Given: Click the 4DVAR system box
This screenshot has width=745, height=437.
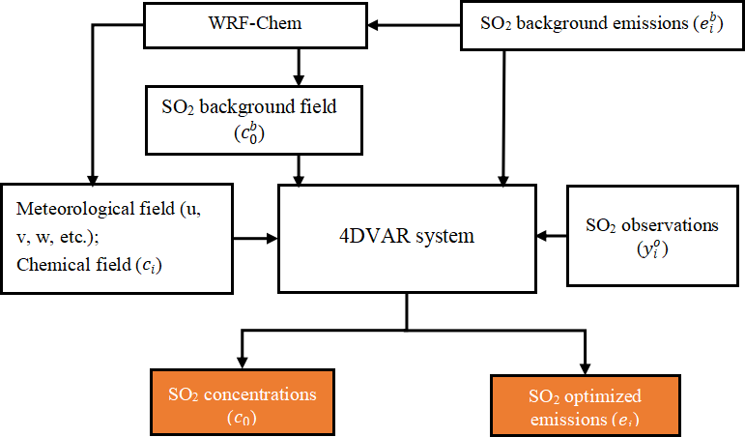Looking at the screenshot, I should [x=407, y=234].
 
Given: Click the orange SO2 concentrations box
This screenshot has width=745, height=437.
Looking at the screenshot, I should [x=242, y=402].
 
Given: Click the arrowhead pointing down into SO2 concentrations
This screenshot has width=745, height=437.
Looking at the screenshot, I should [x=241, y=363].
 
